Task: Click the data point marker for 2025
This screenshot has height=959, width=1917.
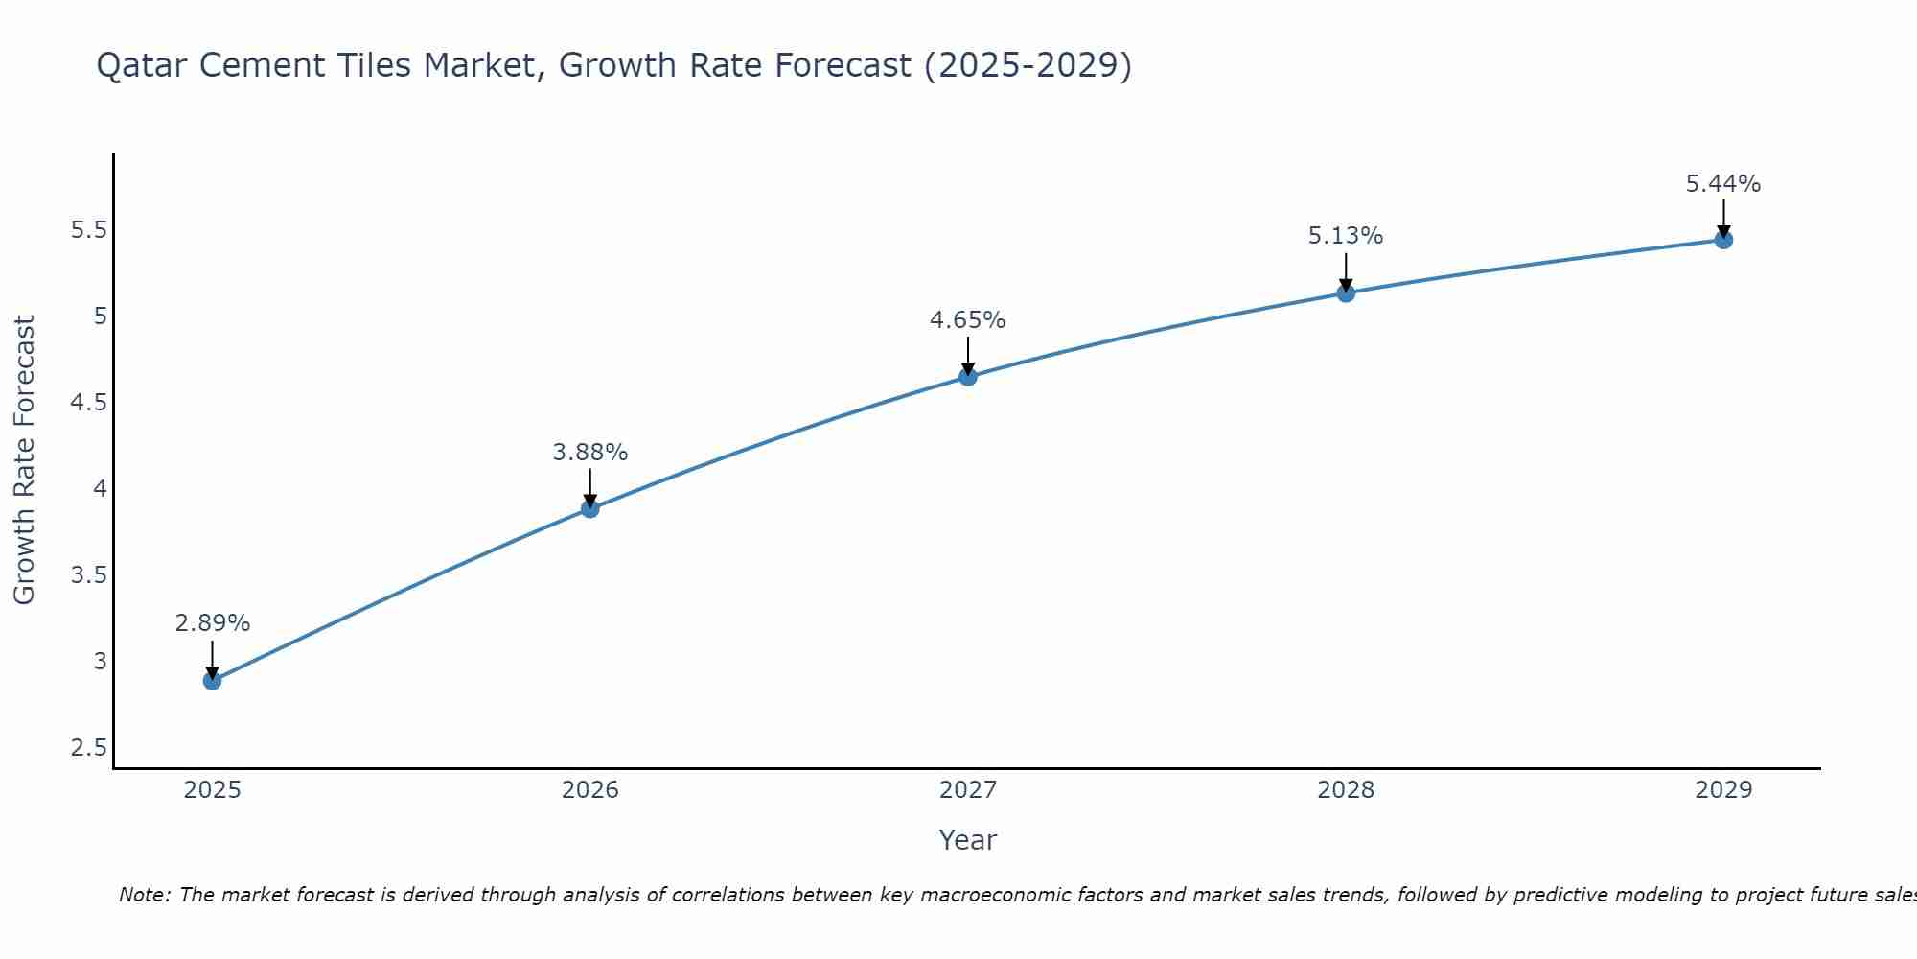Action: (x=212, y=681)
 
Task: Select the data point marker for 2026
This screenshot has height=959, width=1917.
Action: (x=589, y=508)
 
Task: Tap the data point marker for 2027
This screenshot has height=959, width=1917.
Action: (x=967, y=377)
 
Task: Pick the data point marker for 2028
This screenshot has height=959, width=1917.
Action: (x=1345, y=292)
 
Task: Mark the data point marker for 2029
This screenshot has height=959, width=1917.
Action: (x=1722, y=240)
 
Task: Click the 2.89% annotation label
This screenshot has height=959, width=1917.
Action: (x=212, y=623)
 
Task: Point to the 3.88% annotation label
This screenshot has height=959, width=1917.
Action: (x=589, y=452)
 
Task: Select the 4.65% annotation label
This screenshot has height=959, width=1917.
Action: (x=967, y=320)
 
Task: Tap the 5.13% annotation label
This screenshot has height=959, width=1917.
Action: (x=1345, y=236)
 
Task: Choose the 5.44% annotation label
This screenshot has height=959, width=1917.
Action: (x=1722, y=184)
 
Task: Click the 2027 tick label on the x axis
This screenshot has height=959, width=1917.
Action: (x=967, y=790)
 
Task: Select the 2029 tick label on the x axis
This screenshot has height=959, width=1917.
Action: (x=1722, y=790)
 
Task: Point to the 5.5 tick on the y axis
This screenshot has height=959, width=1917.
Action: (x=88, y=230)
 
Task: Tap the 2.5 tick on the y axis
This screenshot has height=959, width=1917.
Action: (x=88, y=748)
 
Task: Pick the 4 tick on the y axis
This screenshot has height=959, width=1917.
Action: (x=100, y=489)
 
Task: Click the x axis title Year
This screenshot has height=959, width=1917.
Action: (x=967, y=840)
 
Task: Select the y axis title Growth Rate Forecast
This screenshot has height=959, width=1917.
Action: (x=24, y=460)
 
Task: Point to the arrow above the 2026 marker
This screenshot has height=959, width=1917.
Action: (x=589, y=487)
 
